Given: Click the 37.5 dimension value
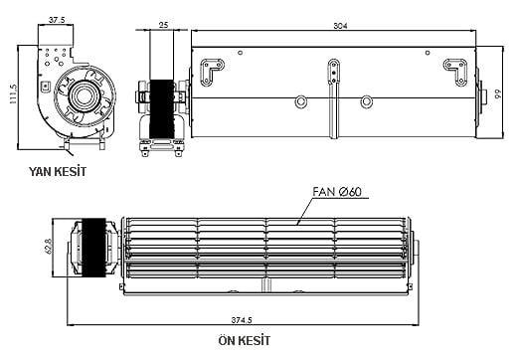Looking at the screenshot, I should (x=58, y=18).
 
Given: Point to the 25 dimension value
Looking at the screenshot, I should (x=162, y=24).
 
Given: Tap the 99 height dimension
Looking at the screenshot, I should (x=492, y=94).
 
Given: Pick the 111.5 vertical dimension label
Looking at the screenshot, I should (x=13, y=94).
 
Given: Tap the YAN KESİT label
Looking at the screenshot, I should (x=58, y=171).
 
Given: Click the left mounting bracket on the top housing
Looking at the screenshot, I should (x=213, y=74).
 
